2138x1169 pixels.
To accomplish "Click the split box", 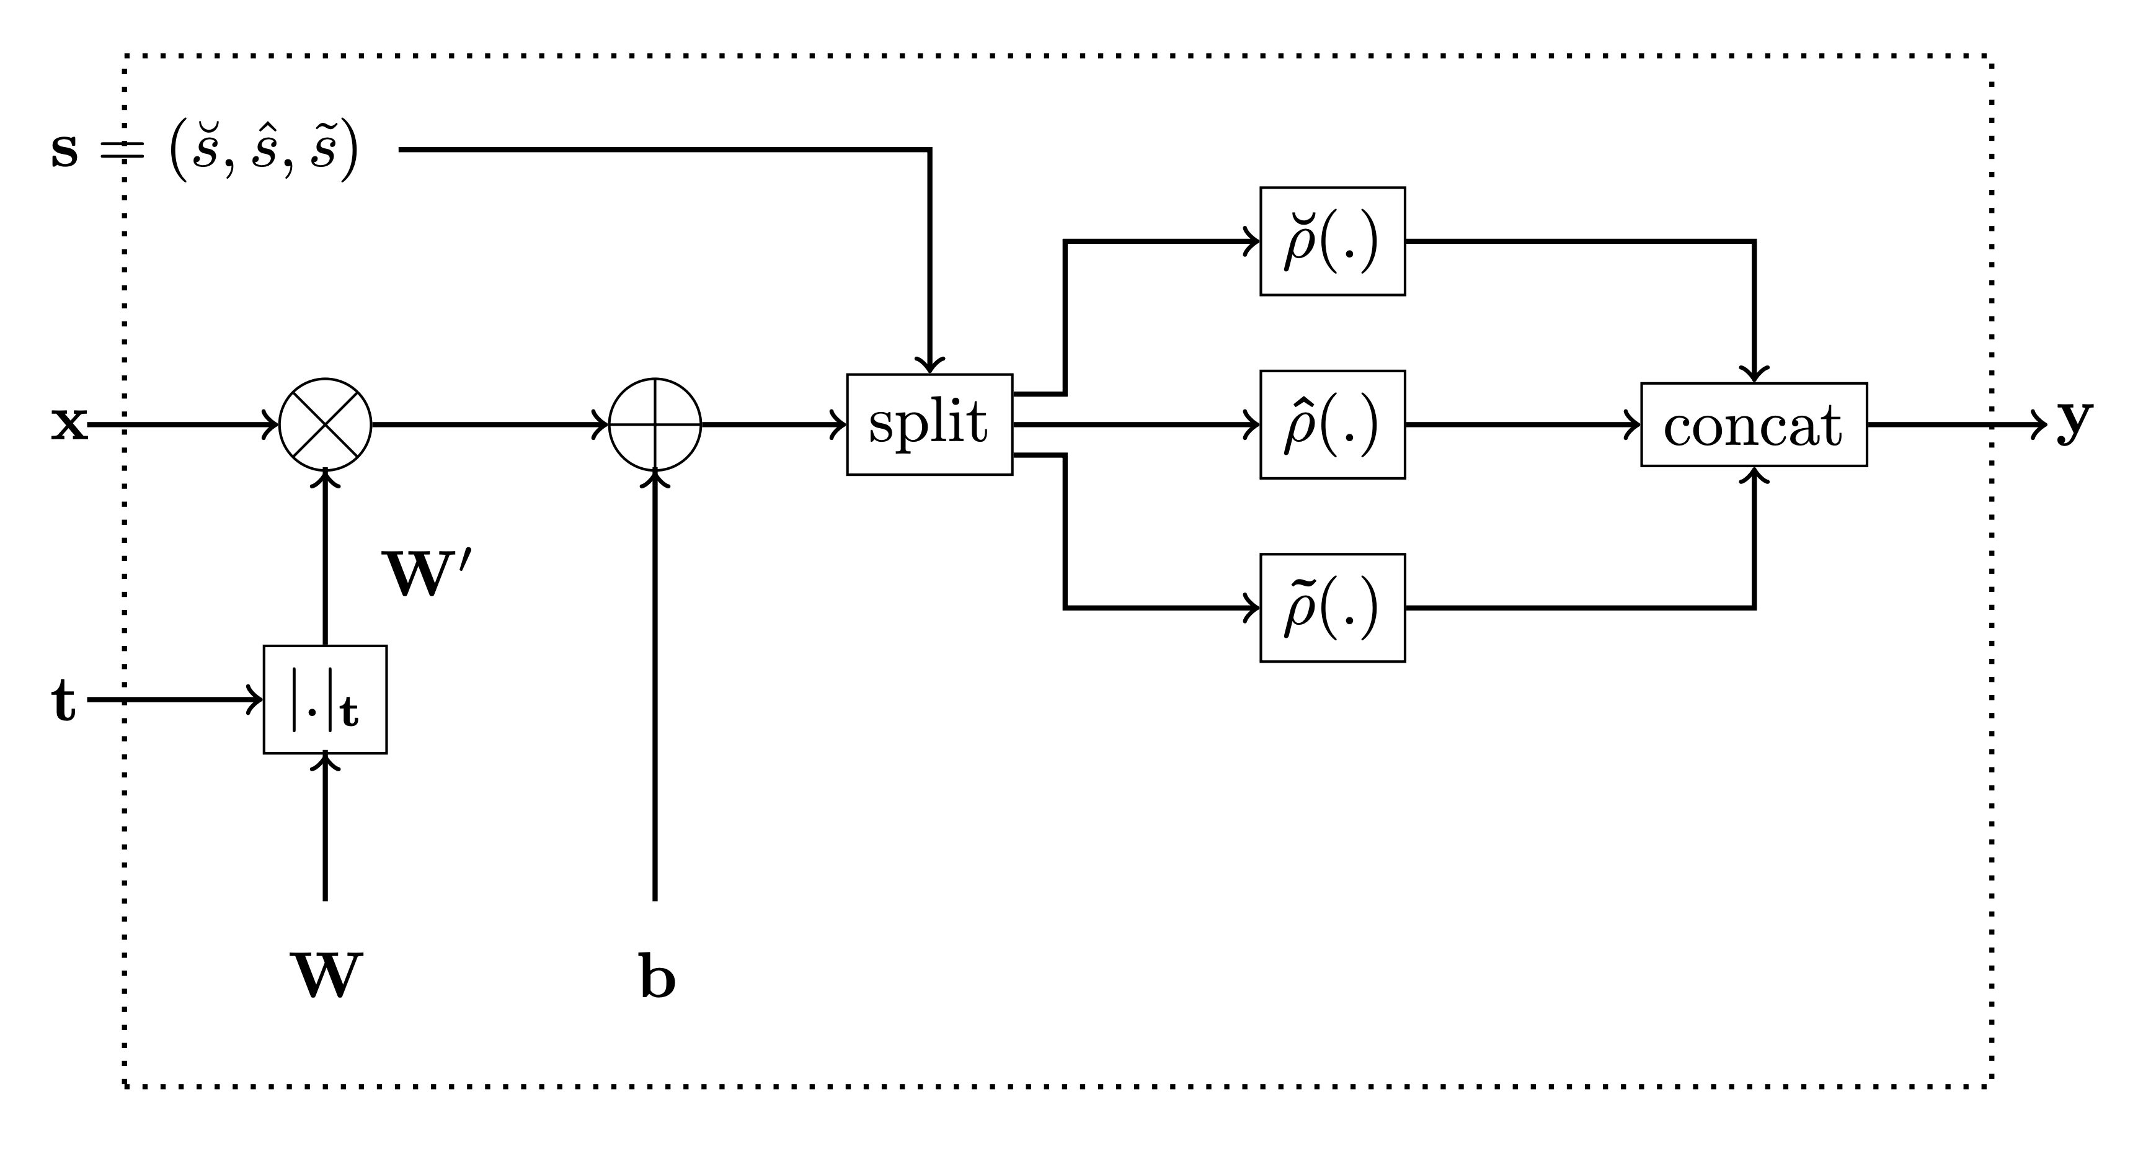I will (x=929, y=424).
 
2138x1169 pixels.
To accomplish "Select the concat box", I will (x=1754, y=424).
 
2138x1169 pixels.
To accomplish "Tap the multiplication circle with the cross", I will (x=326, y=424).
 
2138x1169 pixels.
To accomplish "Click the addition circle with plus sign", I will (x=655, y=424).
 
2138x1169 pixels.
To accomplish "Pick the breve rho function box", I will (x=1332, y=241).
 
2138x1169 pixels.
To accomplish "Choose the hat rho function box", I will (x=1332, y=424).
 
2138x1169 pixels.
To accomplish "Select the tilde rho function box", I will (x=1332, y=607).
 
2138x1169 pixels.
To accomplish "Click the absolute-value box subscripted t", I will (x=326, y=699).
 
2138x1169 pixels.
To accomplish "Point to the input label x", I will (x=69, y=424).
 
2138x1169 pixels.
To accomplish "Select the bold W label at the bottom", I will (x=326, y=977).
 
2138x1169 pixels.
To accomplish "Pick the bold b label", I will (x=657, y=977).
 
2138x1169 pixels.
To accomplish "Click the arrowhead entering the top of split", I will (x=929, y=365).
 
